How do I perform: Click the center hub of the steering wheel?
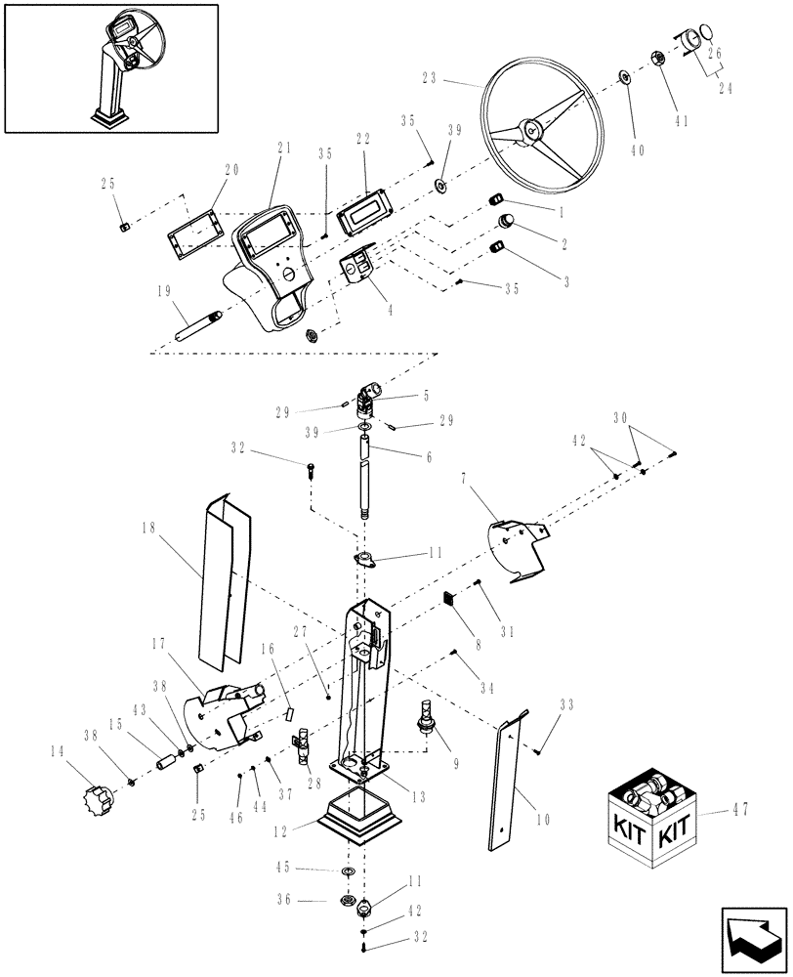click(x=531, y=128)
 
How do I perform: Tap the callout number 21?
click(x=284, y=148)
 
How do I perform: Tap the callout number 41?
click(x=681, y=121)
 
